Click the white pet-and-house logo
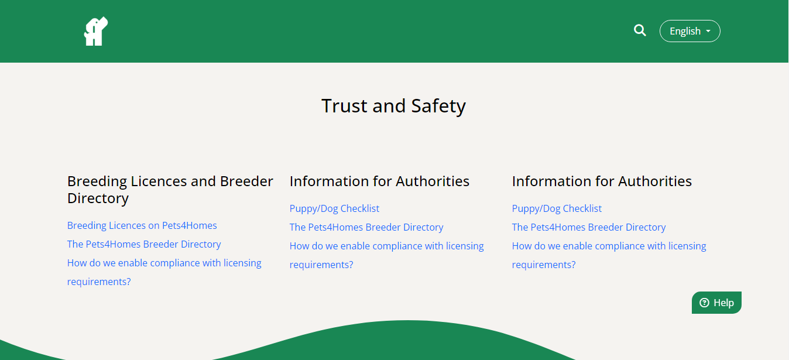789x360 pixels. (x=96, y=31)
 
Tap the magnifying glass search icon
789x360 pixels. (x=640, y=30)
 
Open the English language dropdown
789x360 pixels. (x=689, y=31)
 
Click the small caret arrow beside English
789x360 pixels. (x=708, y=31)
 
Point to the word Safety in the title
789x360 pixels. (x=438, y=107)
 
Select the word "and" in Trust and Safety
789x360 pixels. (x=389, y=106)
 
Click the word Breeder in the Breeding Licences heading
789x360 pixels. (x=246, y=181)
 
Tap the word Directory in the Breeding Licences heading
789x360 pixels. (x=98, y=198)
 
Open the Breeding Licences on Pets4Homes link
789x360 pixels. (x=142, y=225)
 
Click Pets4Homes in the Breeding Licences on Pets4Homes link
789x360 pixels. (x=190, y=225)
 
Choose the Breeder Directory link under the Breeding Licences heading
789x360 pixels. (x=144, y=244)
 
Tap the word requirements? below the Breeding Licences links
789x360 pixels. (x=99, y=282)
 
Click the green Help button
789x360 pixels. (x=716, y=303)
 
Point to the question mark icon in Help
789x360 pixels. (x=704, y=303)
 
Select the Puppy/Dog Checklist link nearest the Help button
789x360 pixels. (x=557, y=208)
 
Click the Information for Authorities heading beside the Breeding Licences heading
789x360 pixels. (x=379, y=181)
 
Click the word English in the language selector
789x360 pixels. (x=685, y=32)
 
